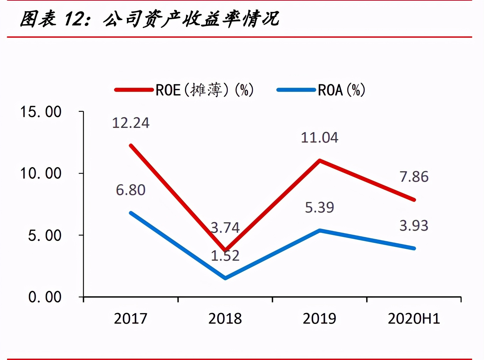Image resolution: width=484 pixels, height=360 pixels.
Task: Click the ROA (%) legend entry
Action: (x=321, y=90)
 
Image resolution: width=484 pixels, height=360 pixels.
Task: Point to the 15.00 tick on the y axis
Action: (x=41, y=112)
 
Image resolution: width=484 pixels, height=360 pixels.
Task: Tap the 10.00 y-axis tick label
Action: (x=41, y=173)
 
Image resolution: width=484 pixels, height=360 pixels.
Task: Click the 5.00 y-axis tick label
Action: (x=44, y=236)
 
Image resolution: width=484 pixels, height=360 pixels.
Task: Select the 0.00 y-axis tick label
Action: (x=44, y=297)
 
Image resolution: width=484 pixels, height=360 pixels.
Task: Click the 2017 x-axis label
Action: (x=130, y=318)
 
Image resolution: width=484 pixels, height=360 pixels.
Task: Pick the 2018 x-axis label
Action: (x=225, y=318)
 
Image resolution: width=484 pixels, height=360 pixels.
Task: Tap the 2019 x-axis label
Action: (x=319, y=318)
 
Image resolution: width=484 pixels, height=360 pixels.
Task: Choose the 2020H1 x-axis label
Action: (x=414, y=318)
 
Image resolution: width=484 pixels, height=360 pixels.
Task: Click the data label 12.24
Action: (x=130, y=123)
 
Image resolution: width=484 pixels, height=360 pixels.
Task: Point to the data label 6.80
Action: (x=130, y=190)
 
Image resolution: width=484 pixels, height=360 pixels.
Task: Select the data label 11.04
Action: (x=320, y=138)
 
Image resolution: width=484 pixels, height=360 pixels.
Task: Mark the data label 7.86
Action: (x=414, y=177)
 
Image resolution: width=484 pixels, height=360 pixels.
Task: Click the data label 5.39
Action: (x=320, y=208)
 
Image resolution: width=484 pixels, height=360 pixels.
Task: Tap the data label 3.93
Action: (x=414, y=226)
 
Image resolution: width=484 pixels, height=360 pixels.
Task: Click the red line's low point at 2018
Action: (x=226, y=250)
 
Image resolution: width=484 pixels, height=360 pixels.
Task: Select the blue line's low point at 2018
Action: (x=225, y=278)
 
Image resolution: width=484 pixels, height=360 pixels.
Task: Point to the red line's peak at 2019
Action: (x=320, y=160)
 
